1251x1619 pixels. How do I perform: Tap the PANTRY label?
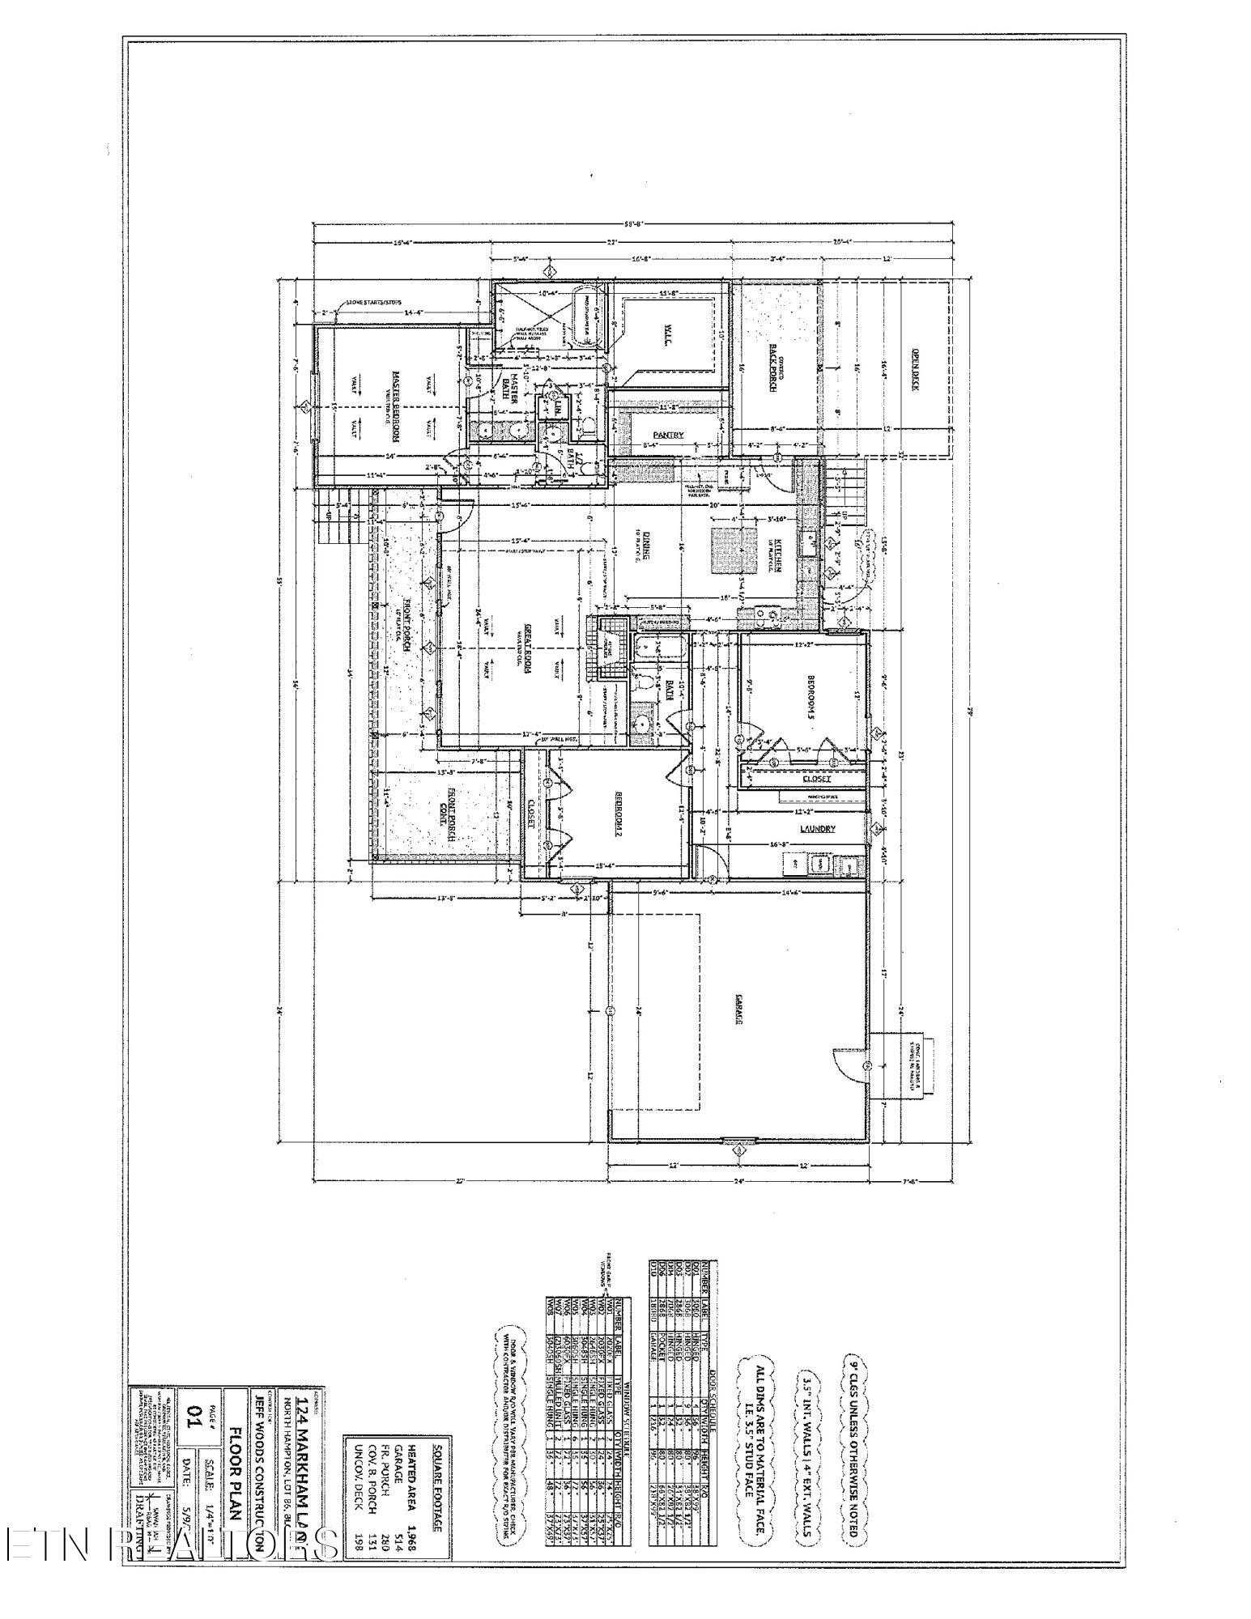(669, 436)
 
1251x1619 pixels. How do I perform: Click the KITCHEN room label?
(775, 555)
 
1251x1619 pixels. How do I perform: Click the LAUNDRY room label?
(817, 828)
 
